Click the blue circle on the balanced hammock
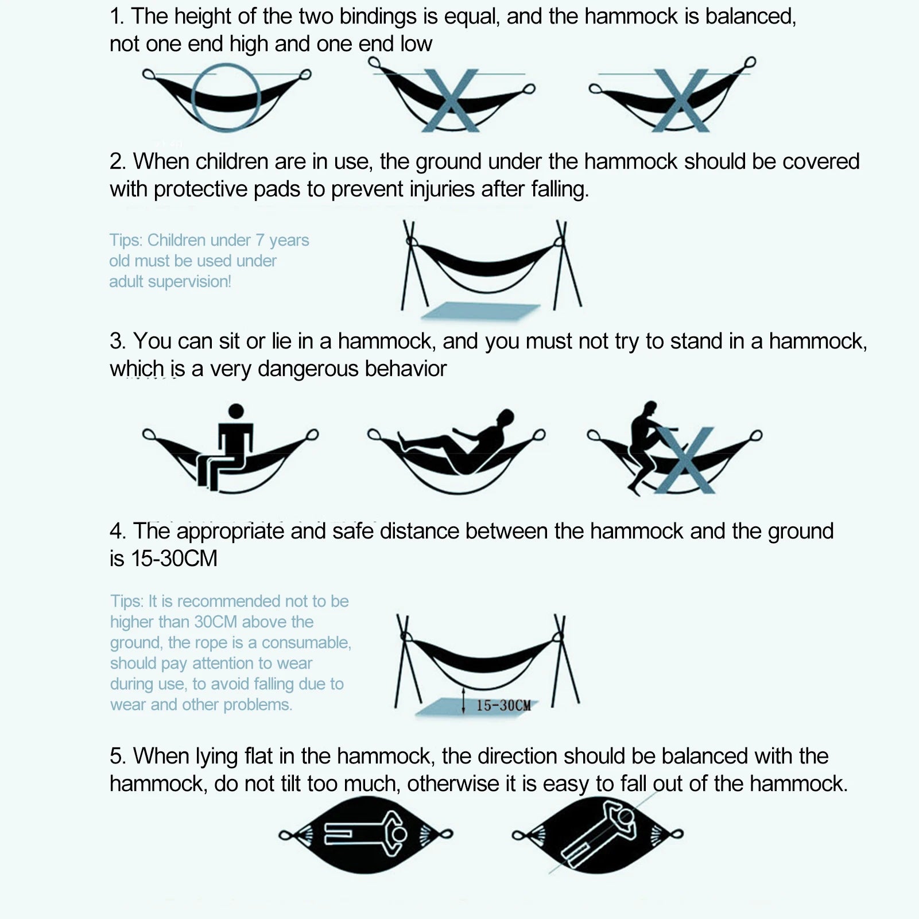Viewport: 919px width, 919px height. point(193,98)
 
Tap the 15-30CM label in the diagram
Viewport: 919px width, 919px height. point(503,705)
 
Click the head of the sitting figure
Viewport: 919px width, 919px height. point(236,411)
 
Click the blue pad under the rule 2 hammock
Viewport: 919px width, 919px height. point(481,310)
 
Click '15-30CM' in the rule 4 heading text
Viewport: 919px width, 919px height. point(175,559)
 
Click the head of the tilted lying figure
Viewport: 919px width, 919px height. point(625,817)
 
